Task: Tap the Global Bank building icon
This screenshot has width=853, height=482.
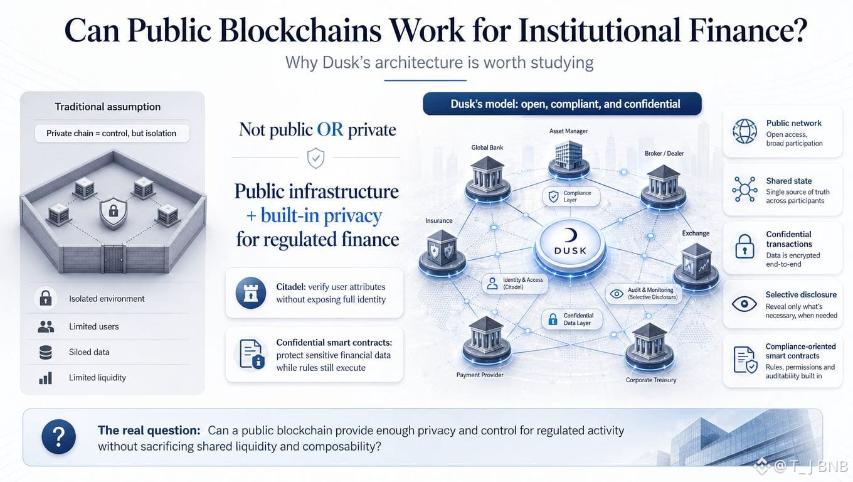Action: (488, 180)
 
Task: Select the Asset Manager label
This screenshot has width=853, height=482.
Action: (568, 131)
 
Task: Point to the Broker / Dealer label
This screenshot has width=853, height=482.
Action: (664, 153)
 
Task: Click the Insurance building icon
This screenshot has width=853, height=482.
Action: (442, 252)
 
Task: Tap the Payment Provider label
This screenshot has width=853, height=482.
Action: (480, 375)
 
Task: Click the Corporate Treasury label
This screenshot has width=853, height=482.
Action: (651, 380)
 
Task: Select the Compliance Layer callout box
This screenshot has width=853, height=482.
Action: (571, 196)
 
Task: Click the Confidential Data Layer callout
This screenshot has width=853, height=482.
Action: (572, 319)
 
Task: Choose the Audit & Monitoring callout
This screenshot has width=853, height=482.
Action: (644, 293)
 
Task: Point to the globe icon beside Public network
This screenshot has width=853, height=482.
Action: (744, 131)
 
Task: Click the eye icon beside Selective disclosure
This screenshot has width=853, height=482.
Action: (744, 304)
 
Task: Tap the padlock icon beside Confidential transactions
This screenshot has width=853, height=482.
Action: (744, 247)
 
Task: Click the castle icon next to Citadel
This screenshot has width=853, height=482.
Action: (251, 292)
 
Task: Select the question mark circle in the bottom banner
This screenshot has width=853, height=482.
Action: (59, 437)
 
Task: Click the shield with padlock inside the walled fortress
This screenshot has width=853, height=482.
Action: (113, 213)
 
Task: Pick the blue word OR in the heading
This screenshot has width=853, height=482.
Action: (330, 130)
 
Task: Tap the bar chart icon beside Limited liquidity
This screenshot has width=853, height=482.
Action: (46, 378)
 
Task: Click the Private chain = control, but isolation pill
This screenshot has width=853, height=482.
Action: (112, 133)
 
